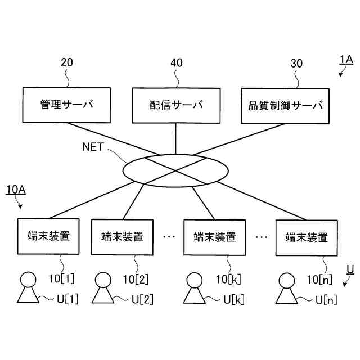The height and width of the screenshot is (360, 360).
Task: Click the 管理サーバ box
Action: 66,105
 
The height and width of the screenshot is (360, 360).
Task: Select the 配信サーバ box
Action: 176,105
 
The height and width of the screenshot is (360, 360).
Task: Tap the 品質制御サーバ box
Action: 286,105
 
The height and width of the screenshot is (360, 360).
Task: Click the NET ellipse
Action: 176,169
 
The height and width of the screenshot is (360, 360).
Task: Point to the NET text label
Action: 94,147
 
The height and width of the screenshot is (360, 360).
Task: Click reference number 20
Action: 66,63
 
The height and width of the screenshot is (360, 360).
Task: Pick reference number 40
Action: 176,63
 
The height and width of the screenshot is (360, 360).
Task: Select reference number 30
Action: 296,63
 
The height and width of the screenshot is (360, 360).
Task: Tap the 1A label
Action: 345,58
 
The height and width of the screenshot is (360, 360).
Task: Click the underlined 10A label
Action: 16,190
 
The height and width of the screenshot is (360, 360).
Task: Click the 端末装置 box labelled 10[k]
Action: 214,237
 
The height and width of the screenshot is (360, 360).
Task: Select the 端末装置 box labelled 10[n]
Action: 307,237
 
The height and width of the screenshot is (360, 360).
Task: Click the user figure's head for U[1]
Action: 28,279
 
